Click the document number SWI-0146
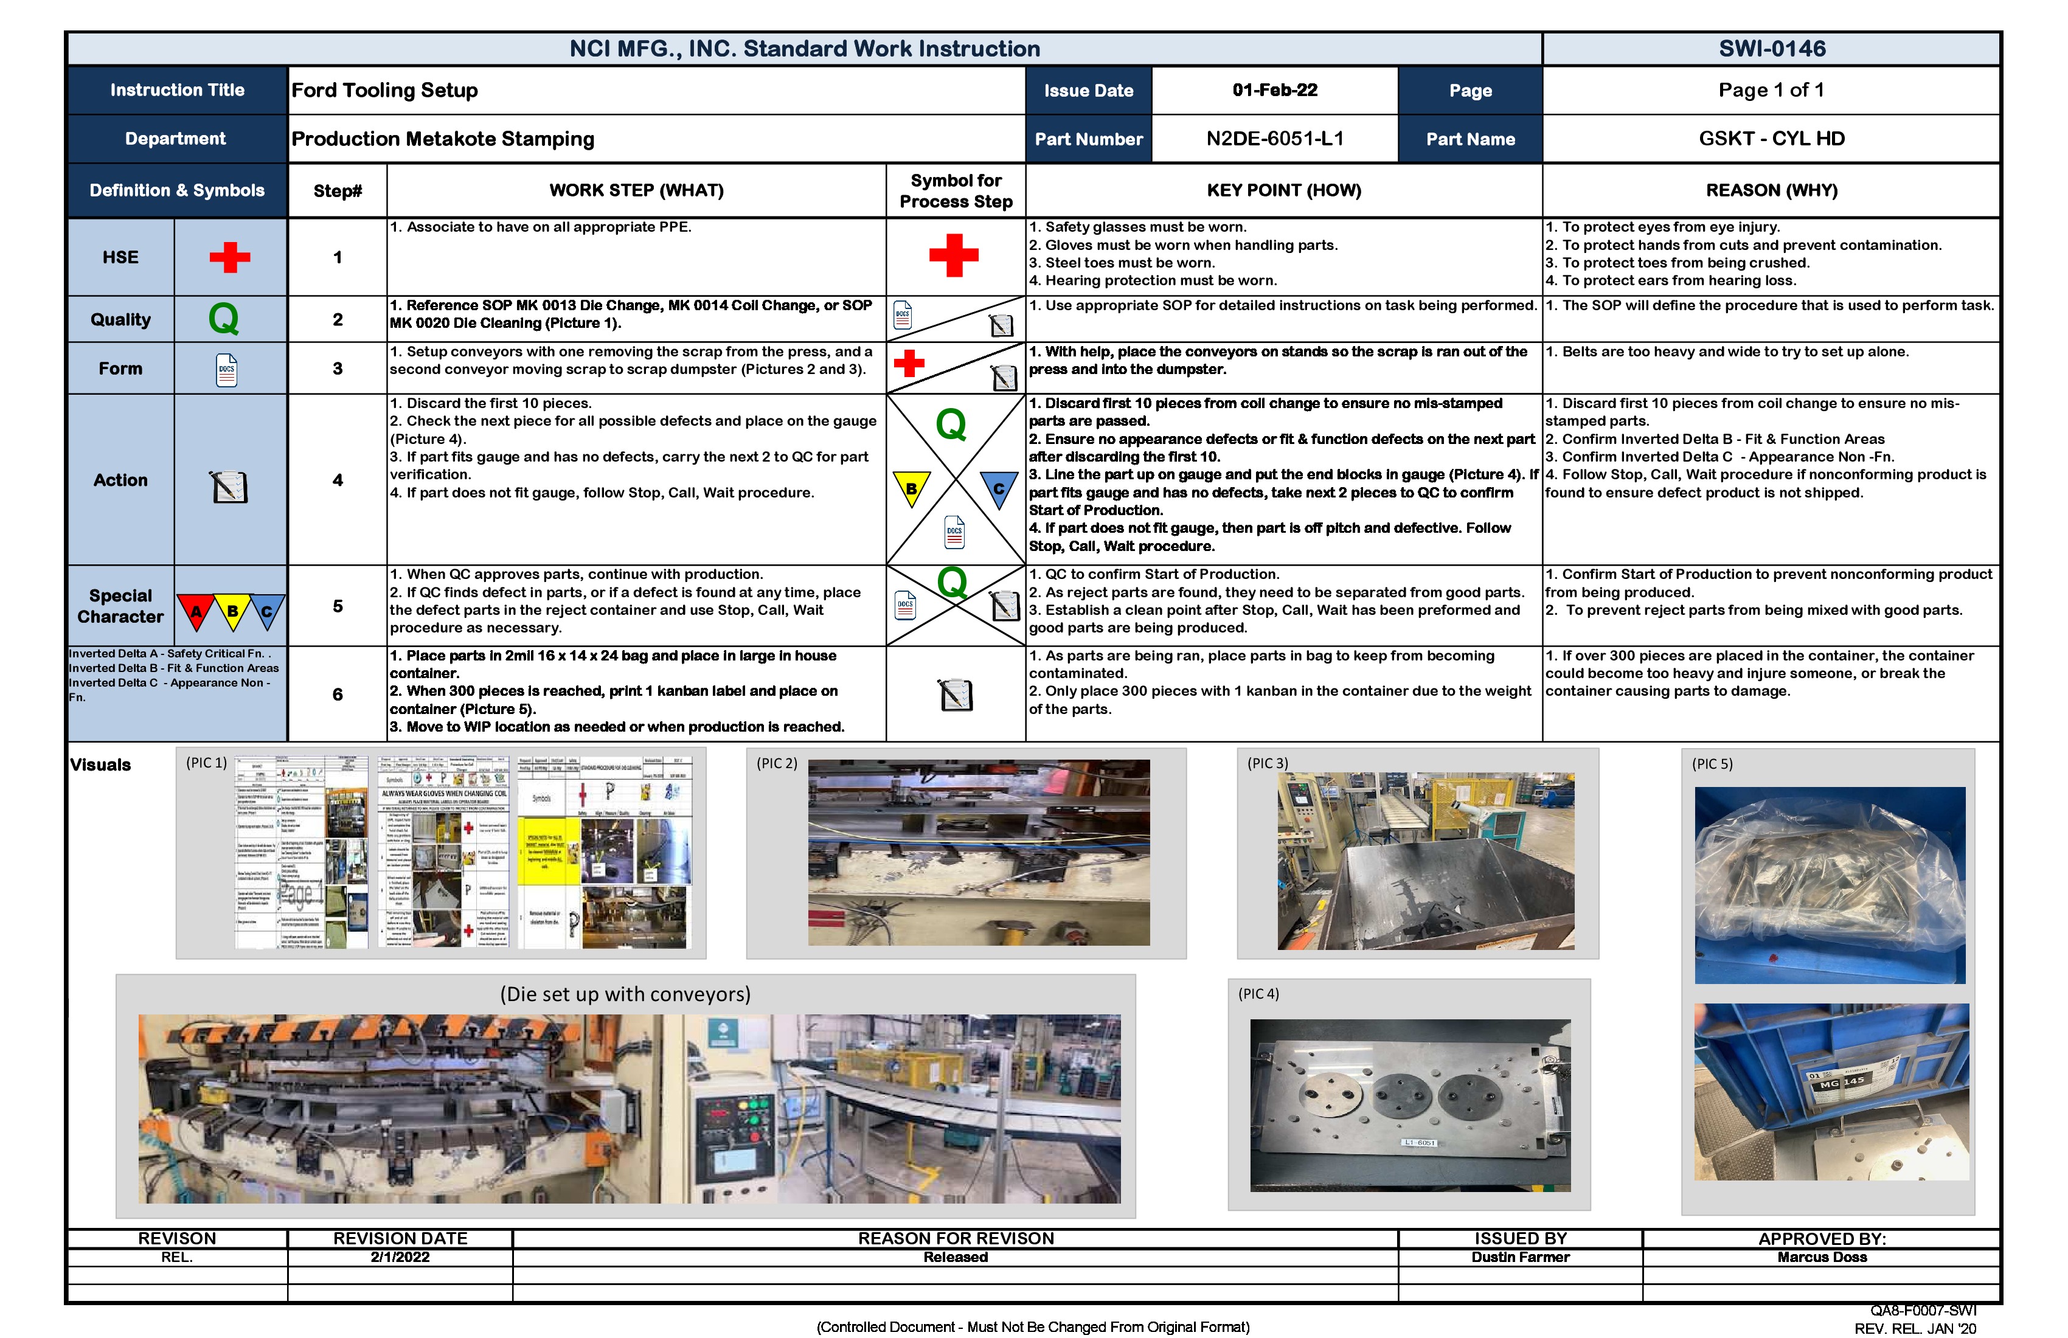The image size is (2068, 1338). point(1772,49)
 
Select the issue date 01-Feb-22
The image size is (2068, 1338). point(1275,91)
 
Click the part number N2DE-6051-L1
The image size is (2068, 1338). point(1275,139)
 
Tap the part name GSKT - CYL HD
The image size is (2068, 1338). point(1772,139)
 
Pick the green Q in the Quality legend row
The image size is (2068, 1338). point(223,319)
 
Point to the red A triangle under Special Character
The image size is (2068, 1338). point(196,611)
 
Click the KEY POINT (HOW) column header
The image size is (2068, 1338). point(1283,190)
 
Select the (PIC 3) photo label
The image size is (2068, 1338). point(1268,763)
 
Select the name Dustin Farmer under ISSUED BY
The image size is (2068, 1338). point(1520,1257)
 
